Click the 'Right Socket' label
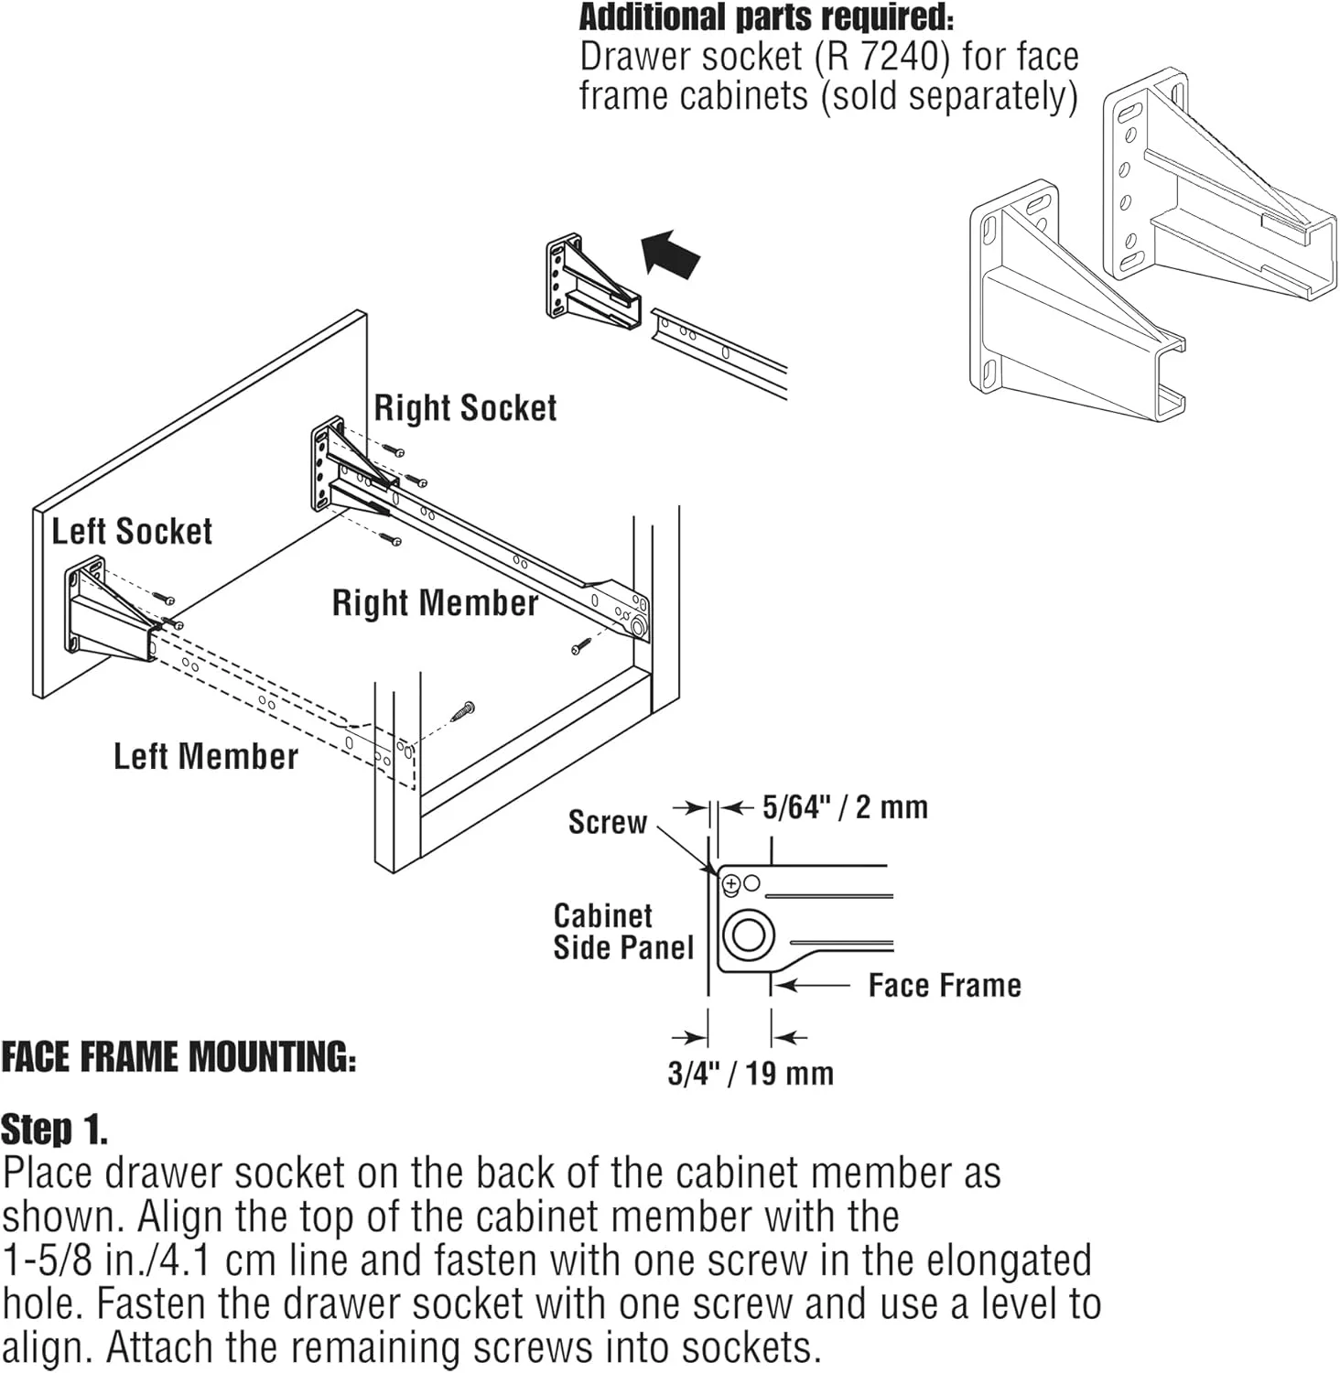(465, 408)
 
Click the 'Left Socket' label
(132, 532)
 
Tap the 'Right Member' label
(435, 603)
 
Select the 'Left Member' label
(206, 757)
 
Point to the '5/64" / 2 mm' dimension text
(845, 807)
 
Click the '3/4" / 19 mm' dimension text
(751, 1073)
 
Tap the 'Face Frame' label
(945, 986)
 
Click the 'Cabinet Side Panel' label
(623, 932)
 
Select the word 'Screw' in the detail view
(608, 822)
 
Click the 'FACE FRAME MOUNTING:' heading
(178, 1057)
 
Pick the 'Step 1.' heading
(54, 1130)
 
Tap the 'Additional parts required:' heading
(766, 16)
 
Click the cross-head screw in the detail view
(731, 885)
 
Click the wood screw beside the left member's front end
(463, 710)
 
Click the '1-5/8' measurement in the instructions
(48, 1261)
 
